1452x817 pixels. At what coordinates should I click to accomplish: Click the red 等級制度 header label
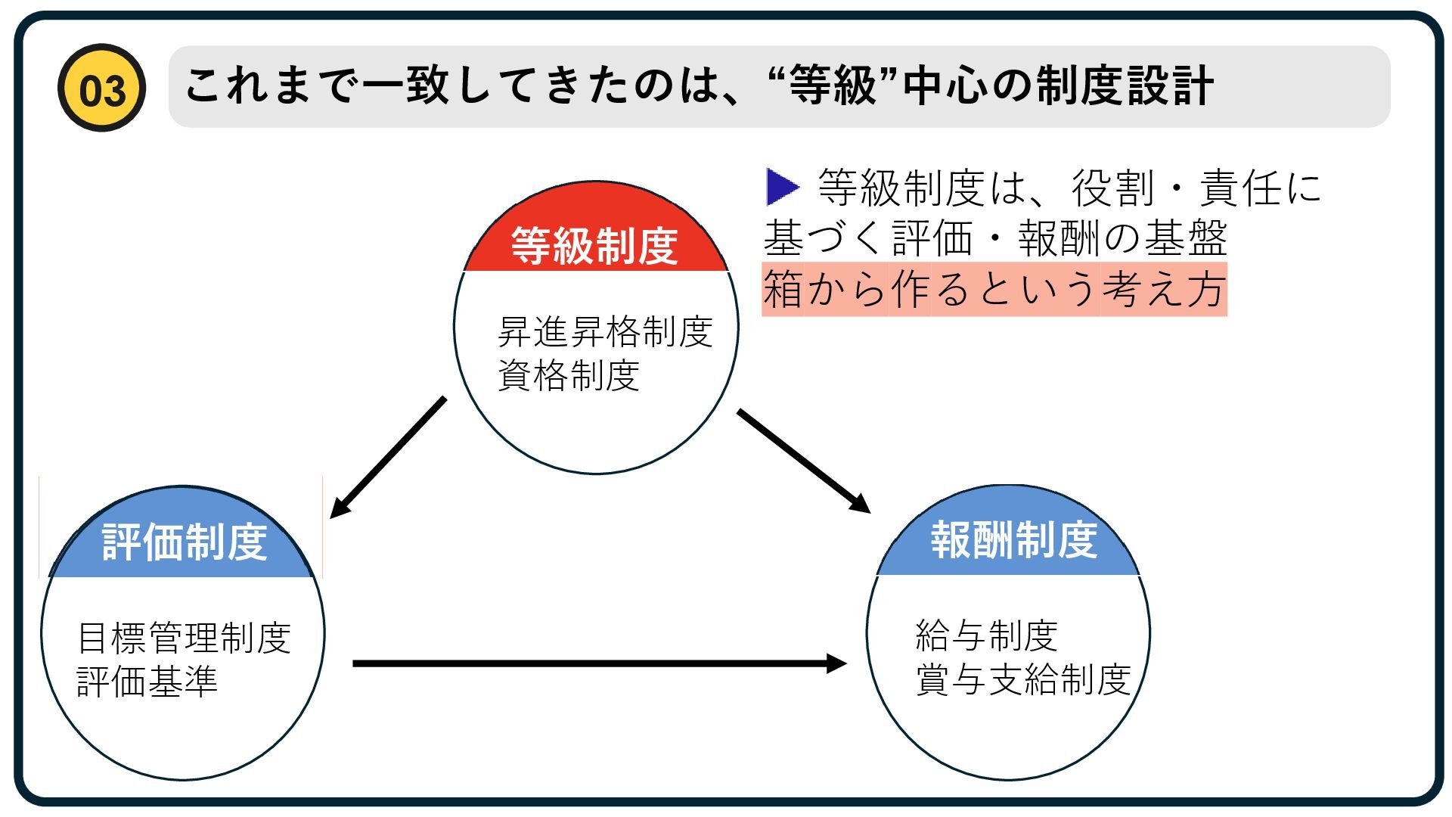(594, 245)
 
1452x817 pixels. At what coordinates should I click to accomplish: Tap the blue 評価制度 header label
(185, 541)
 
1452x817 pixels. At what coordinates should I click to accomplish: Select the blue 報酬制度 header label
(1013, 539)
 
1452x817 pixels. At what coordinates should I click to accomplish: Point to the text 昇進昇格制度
(605, 331)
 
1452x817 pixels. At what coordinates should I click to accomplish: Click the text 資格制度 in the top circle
(569, 375)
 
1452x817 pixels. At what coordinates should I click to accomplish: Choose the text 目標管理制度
(184, 638)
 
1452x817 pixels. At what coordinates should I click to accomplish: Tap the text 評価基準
(147, 681)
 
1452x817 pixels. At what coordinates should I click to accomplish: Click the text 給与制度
(986, 635)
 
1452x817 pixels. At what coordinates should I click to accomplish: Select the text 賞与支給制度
(1022, 679)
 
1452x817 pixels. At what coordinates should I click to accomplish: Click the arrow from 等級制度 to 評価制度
(387, 458)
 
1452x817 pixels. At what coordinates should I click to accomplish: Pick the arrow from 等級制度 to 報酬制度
(803, 461)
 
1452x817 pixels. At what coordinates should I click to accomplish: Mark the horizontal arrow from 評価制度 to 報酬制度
(599, 663)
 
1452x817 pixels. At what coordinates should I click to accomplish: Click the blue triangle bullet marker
(782, 187)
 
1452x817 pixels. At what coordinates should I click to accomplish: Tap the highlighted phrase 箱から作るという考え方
(994, 289)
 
